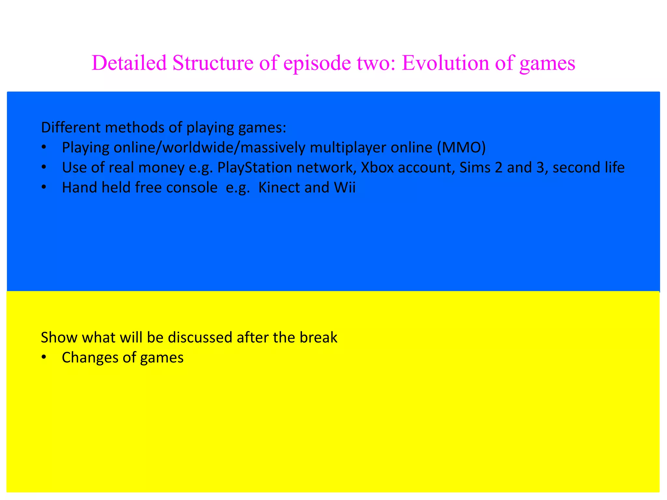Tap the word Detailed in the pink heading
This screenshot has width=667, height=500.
pos(129,62)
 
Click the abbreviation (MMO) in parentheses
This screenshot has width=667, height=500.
pos(461,147)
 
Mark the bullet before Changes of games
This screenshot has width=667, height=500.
pos(44,358)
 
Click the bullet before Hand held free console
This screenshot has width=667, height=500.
pos(44,187)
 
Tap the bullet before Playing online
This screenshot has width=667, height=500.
pos(44,148)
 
